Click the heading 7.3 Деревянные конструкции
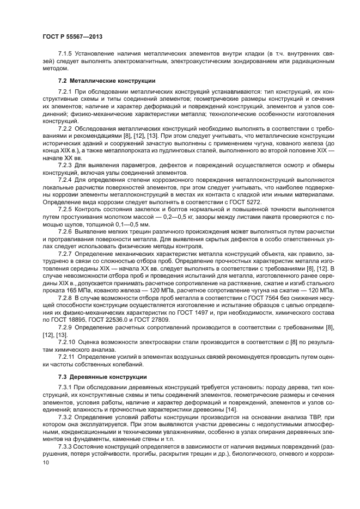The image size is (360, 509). pos(97,377)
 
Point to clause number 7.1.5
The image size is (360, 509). pos(66,54)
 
